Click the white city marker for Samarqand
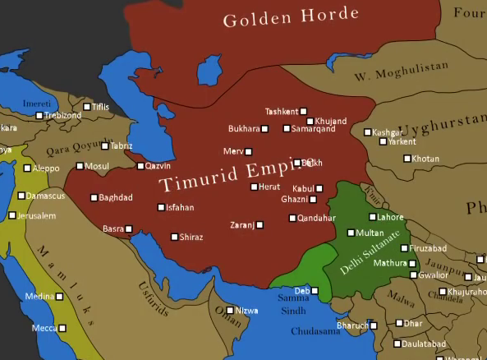(287, 128)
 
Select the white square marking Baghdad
(93, 197)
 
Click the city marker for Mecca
(62, 328)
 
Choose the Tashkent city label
(282, 111)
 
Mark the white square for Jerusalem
(12, 215)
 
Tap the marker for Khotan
(407, 158)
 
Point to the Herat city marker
(254, 187)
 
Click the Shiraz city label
(193, 237)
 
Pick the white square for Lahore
(371, 217)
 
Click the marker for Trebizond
(38, 116)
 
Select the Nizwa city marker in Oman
(232, 311)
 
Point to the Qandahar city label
(317, 218)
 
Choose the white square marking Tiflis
(87, 107)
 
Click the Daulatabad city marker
(398, 344)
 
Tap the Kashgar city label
(388, 132)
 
